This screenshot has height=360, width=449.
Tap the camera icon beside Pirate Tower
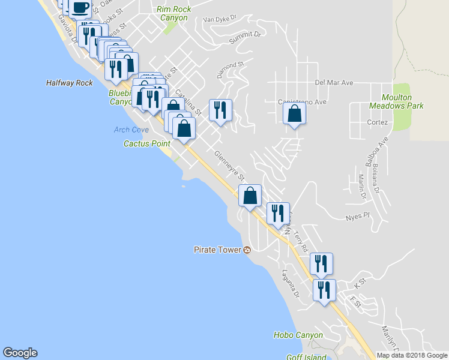[247, 250]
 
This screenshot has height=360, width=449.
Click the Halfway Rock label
[70, 83]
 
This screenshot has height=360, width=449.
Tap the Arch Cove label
[131, 130]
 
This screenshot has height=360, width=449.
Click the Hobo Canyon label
[298, 335]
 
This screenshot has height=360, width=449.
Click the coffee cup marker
[79, 8]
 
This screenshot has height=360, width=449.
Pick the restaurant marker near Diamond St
[220, 109]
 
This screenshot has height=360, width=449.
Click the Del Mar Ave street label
[334, 83]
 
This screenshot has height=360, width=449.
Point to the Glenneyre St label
[230, 166]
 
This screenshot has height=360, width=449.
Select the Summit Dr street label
[248, 34]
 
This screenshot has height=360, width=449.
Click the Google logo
[20, 353]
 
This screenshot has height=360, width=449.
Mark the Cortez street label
[378, 122]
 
